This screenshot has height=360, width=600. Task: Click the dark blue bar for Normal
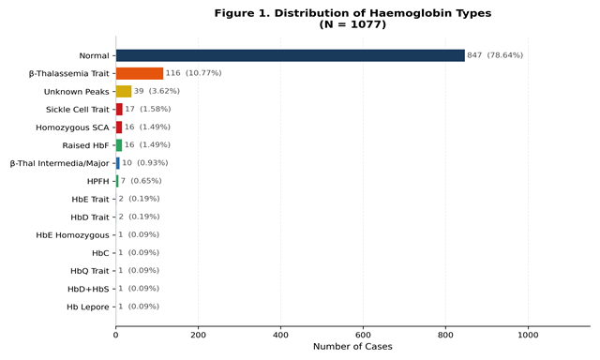coord(291,55)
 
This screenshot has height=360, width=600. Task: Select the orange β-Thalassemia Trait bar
coord(140,73)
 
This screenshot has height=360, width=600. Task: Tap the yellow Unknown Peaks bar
coord(124,92)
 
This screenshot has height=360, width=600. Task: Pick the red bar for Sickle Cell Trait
coord(119,110)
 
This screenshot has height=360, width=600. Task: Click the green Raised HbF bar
coord(119,145)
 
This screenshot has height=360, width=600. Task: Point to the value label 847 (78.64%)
coord(495,55)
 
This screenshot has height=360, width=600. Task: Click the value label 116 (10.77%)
coord(193,73)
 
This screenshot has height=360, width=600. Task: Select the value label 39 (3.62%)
coord(157,91)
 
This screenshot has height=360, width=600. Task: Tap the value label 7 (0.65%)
coord(142,181)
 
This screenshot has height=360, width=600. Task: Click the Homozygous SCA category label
coord(72,127)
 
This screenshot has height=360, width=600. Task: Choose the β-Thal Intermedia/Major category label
coord(60,163)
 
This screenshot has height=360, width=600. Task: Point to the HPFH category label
coord(97,181)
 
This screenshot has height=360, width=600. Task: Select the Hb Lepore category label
coord(87,307)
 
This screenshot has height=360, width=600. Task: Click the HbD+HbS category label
coord(88,290)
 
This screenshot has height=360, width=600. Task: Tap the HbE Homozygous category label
coord(72,235)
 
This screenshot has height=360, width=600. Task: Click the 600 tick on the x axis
coord(363,335)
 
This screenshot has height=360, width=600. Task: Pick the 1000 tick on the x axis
coord(528,335)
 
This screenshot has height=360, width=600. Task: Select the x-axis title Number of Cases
coord(352,347)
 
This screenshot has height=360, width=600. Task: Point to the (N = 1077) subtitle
coord(352,24)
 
